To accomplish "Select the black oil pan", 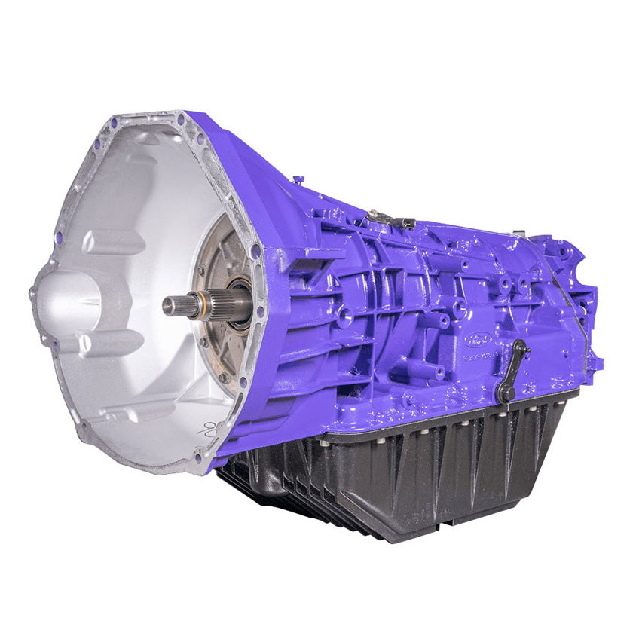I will [x=422, y=467].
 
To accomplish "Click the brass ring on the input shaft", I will [x=197, y=304].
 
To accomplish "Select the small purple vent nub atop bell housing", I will [x=298, y=179].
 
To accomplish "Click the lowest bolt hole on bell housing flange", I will [x=198, y=457].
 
